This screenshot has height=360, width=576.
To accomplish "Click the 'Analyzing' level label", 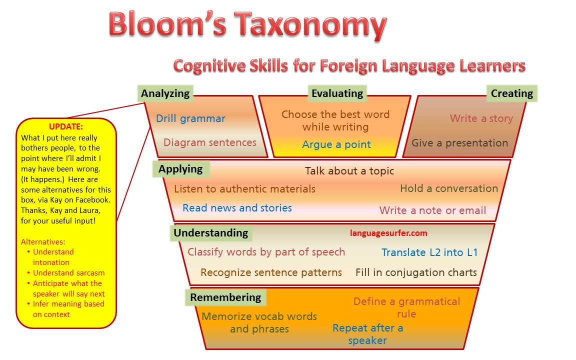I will pyautogui.click(x=165, y=93).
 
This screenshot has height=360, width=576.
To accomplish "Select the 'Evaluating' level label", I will pyautogui.click(x=337, y=93).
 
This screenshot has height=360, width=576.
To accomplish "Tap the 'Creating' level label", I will pyautogui.click(x=511, y=93).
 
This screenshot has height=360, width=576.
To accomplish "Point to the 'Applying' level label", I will pyautogui.click(x=180, y=169).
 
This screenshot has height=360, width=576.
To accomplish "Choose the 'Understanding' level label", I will pyautogui.click(x=210, y=233).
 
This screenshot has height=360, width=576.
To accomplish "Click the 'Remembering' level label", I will pyautogui.click(x=225, y=297).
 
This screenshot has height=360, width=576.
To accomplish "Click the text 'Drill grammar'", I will pyautogui.click(x=190, y=118).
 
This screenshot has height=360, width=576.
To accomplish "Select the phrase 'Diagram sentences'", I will pyautogui.click(x=209, y=142).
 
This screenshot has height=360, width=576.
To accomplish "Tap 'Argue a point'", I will pyautogui.click(x=336, y=144).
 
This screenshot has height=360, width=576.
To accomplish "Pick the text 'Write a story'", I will pyautogui.click(x=481, y=118).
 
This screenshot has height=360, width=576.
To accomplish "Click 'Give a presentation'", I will pyautogui.click(x=459, y=143).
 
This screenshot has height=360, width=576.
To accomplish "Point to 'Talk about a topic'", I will pyautogui.click(x=349, y=171).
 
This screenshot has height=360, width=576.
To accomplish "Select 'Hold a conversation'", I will pyautogui.click(x=449, y=188).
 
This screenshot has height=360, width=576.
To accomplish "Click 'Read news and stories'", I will pyautogui.click(x=237, y=208).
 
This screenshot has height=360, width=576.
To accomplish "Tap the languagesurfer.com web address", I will pyautogui.click(x=388, y=233).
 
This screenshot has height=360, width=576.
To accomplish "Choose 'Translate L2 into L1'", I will pyautogui.click(x=429, y=252).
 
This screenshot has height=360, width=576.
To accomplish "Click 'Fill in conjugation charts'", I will pyautogui.click(x=416, y=272).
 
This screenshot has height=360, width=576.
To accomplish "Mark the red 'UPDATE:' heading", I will pyautogui.click(x=66, y=127).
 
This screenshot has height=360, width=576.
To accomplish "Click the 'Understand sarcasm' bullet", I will pyautogui.click(x=68, y=273).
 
